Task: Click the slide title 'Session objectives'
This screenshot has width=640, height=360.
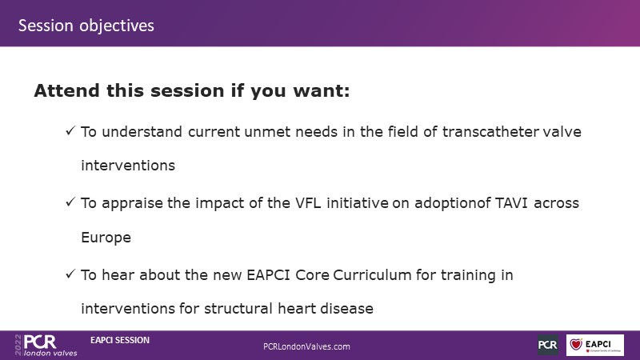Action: tap(86, 26)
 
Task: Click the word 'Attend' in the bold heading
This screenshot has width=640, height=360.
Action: tap(67, 90)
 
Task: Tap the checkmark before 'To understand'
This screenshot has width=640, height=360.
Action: tap(70, 130)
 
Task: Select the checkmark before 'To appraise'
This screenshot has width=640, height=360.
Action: tap(70, 202)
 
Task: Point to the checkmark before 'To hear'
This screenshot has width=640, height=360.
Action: tap(70, 274)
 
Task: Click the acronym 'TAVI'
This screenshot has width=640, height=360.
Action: tap(512, 203)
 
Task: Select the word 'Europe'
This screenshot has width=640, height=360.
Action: tap(106, 238)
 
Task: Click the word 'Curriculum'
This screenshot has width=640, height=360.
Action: tap(372, 274)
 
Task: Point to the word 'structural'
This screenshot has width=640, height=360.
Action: tap(238, 308)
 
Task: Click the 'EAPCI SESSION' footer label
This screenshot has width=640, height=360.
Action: tap(120, 340)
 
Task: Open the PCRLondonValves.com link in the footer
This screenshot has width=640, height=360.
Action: tap(306, 346)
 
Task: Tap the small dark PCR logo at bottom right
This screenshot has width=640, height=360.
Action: tap(548, 345)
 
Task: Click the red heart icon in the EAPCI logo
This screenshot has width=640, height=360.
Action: tap(576, 344)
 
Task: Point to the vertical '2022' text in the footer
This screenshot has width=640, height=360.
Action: tap(18, 345)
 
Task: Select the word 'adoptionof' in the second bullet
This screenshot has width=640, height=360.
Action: tap(453, 203)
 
